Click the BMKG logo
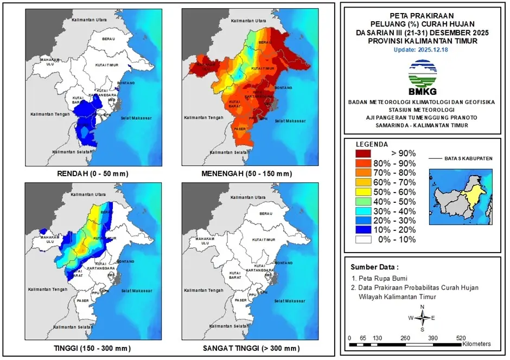click(x=422, y=75)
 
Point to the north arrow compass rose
click(x=422, y=318)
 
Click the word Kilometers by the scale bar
click(x=476, y=344)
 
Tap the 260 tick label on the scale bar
click(x=405, y=338)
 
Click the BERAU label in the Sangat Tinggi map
click(x=265, y=214)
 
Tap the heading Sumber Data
click(x=374, y=267)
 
